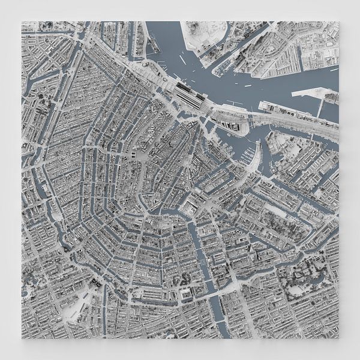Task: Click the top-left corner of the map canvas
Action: (22, 22)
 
